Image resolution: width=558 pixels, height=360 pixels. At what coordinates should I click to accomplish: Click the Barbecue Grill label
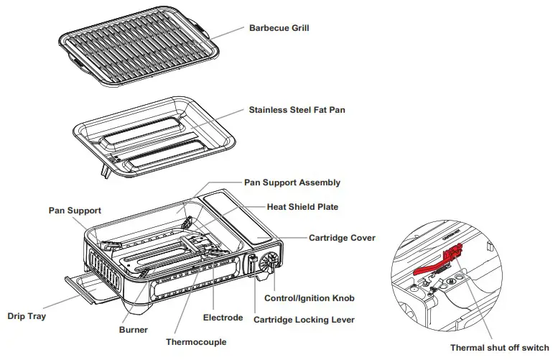[x=279, y=29]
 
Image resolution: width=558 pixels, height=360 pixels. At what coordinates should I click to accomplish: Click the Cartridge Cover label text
[x=342, y=238]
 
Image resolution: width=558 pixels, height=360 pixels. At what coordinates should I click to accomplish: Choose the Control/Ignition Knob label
[x=309, y=297]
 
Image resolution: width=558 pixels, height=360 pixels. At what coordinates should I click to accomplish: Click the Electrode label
[x=222, y=317]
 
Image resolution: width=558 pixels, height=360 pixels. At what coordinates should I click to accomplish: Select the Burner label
[x=134, y=330]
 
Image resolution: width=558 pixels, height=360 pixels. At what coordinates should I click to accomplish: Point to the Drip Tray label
[x=26, y=315]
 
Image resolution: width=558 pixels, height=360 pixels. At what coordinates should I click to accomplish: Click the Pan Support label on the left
[x=75, y=211]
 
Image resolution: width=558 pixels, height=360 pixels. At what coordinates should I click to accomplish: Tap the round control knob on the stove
[x=271, y=262]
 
